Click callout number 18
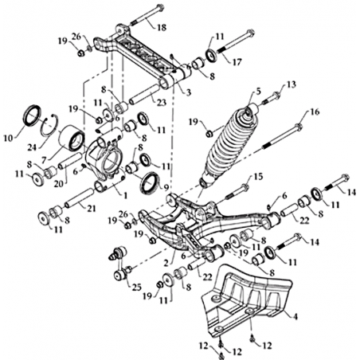pyautogui.click(x=162, y=27)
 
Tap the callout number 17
pyautogui.click(x=237, y=62)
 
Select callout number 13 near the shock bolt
pyautogui.click(x=291, y=84)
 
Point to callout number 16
pyautogui.click(x=315, y=112)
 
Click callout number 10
pyautogui.click(x=8, y=138)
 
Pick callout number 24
pyautogui.click(x=32, y=147)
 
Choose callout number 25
pyautogui.click(x=136, y=288)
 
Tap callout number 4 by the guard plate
pyautogui.click(x=295, y=316)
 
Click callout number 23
pyautogui.click(x=162, y=102)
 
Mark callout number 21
pyautogui.click(x=91, y=209)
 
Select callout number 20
pyautogui.click(x=59, y=183)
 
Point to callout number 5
pyautogui.click(x=258, y=92)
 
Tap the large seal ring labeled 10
pyautogui.click(x=33, y=115)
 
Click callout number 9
pyautogui.click(x=166, y=187)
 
